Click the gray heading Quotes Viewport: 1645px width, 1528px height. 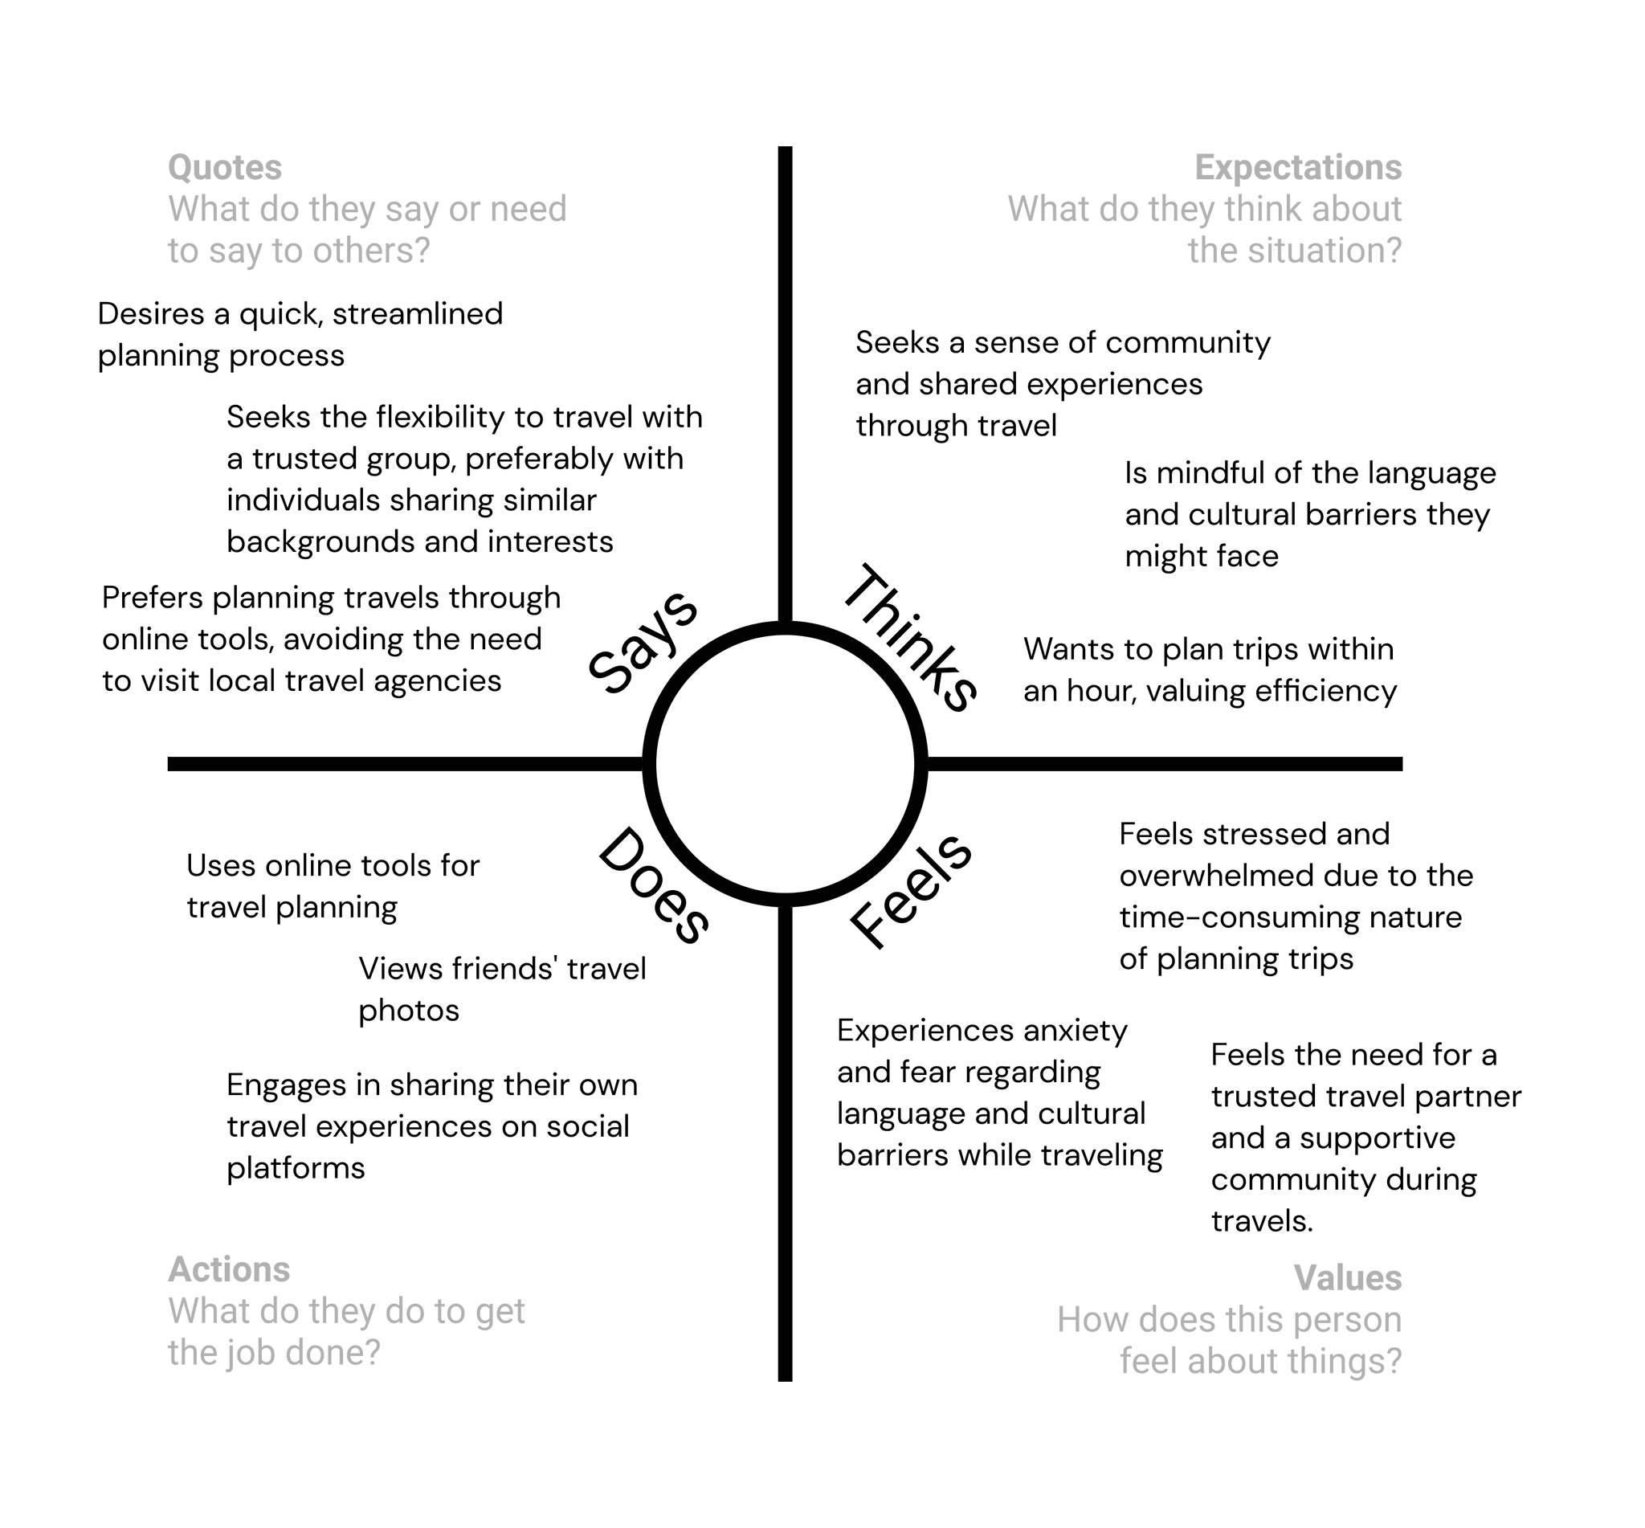(225, 168)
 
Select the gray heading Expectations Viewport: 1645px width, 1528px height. (1298, 168)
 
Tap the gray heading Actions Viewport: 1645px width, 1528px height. (229, 1269)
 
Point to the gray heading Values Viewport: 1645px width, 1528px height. (1348, 1277)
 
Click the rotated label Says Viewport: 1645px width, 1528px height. (643, 643)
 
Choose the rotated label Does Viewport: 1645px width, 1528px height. (652, 886)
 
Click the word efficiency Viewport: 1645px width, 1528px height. (1325, 690)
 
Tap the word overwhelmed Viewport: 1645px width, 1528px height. (1195, 876)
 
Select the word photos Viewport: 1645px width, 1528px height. (408, 1011)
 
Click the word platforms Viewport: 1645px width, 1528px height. (295, 1167)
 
